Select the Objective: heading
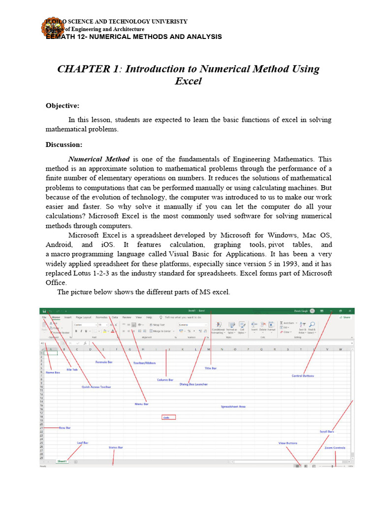tap(62, 106)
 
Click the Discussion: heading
tap(64, 144)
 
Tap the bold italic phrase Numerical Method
tap(99, 159)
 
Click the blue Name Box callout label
tap(53, 373)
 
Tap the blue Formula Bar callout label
tap(104, 362)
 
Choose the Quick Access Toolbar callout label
tap(96, 387)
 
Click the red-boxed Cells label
tap(169, 417)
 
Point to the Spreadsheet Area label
tap(233, 406)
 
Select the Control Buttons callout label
tap(303, 376)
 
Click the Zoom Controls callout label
tap(335, 448)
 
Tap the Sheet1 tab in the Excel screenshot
tap(62, 461)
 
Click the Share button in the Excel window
tap(346, 318)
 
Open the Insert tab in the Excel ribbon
tap(67, 318)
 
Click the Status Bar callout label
tap(116, 447)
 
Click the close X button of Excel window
tap(349, 311)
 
